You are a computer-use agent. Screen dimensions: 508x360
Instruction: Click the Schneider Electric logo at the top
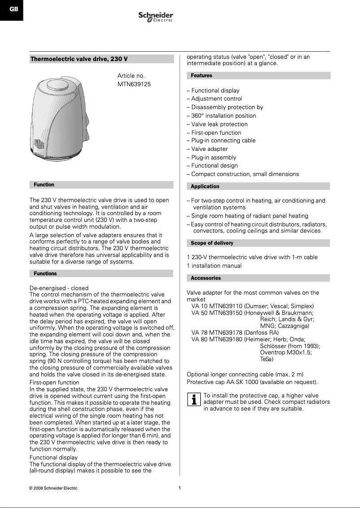(x=156, y=18)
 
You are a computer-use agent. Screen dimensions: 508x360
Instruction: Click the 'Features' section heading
(x=202, y=75)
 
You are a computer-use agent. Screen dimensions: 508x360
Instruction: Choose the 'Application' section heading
(x=205, y=186)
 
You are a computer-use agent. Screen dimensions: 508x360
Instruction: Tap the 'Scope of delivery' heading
(x=212, y=243)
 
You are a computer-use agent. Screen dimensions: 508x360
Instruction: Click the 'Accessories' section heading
(x=206, y=278)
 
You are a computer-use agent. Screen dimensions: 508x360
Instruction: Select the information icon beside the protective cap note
(x=193, y=399)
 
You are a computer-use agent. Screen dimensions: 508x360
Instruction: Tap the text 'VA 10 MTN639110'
(x=217, y=306)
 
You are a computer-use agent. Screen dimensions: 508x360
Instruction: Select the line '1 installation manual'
(x=214, y=266)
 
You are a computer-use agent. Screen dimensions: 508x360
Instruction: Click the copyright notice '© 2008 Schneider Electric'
(x=53, y=488)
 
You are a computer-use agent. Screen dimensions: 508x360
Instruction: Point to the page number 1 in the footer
(x=180, y=488)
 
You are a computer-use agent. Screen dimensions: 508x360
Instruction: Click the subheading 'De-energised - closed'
(x=59, y=288)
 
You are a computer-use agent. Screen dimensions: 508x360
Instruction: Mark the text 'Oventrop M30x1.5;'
(x=286, y=353)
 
